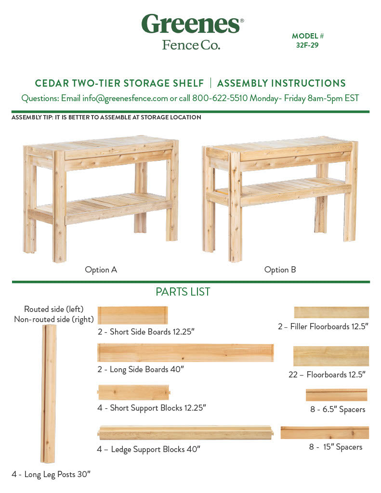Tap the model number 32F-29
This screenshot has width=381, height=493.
pyautogui.click(x=307, y=45)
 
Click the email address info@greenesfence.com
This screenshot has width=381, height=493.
pyautogui.click(x=125, y=98)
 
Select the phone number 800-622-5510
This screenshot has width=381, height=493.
pyautogui.click(x=220, y=98)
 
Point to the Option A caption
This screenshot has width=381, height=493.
pyautogui.click(x=101, y=270)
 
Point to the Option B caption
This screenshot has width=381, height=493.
pyautogui.click(x=280, y=270)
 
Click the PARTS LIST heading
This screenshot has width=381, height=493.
pyautogui.click(x=183, y=292)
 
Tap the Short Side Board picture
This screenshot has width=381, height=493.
pyautogui.click(x=132, y=315)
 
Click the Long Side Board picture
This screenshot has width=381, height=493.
pyautogui.click(x=185, y=353)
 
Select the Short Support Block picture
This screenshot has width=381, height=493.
pyautogui.click(x=134, y=392)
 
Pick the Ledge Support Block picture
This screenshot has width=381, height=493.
pyautogui.click(x=185, y=433)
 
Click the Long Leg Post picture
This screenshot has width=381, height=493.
pyautogui.click(x=49, y=394)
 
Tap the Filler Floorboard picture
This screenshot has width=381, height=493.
pyautogui.click(x=331, y=312)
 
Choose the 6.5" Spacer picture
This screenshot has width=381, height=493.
pyautogui.click(x=336, y=395)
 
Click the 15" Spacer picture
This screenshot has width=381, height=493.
pyautogui.click(x=325, y=433)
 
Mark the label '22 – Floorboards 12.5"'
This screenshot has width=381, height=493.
pyautogui.click(x=327, y=375)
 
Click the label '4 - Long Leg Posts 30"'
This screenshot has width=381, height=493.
pyautogui.click(x=51, y=474)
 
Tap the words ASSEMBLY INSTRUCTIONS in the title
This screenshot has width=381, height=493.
pyautogui.click(x=281, y=83)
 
